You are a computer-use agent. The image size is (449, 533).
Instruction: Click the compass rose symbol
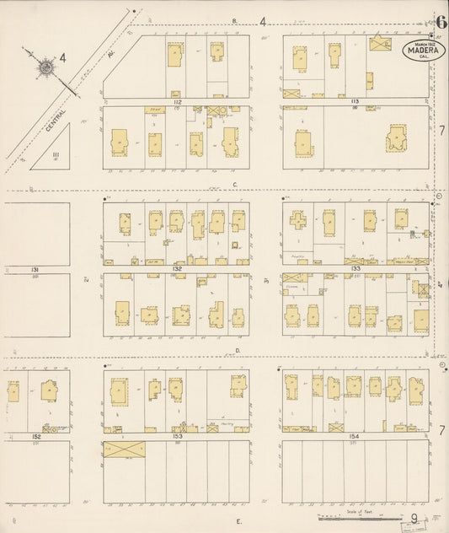(44, 66)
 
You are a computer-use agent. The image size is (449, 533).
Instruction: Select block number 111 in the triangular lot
(56, 154)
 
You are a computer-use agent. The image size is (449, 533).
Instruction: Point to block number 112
(177, 101)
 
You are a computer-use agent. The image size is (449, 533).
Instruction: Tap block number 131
(35, 269)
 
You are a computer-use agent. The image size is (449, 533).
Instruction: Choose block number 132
(177, 268)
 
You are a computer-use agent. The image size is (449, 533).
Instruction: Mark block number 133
(355, 268)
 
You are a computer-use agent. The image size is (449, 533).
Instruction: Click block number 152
(35, 436)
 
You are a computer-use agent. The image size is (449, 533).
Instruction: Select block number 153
(177, 436)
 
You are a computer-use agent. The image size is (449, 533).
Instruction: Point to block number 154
(355, 436)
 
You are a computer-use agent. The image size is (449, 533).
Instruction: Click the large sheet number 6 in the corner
(440, 22)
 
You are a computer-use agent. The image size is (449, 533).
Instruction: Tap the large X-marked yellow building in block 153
(124, 450)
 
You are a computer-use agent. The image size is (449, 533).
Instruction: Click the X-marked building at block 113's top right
(381, 44)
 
